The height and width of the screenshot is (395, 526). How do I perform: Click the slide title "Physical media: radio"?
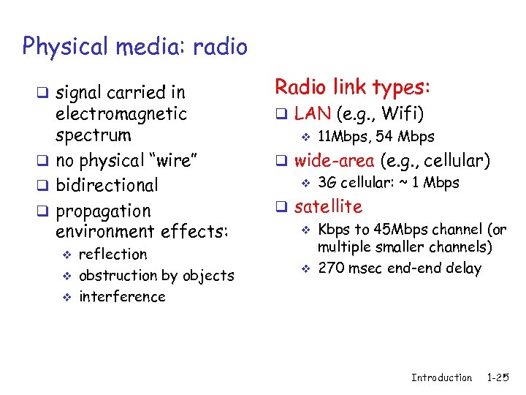[135, 48]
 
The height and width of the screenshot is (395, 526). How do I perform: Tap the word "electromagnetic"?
[121, 114]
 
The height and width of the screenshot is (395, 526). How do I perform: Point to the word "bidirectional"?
[107, 185]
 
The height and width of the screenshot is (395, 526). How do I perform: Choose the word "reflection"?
[113, 255]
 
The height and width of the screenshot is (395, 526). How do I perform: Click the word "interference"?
[122, 297]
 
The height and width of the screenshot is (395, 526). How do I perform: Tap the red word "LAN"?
[313, 113]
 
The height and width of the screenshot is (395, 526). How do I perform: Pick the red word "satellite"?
[328, 207]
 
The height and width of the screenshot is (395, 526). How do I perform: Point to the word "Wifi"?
[401, 113]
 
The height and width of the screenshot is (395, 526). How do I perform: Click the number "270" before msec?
[331, 268]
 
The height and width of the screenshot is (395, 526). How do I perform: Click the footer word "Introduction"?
[441, 377]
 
